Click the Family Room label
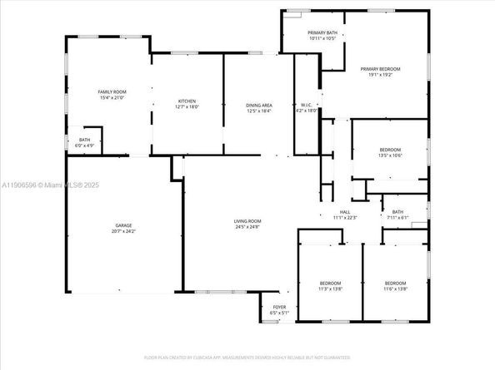111,91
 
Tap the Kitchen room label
187,101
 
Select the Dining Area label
259,106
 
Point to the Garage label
124,225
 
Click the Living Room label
247,220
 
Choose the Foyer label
279,307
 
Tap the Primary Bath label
322,32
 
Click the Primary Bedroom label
380,68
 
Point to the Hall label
344,213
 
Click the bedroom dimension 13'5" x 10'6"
390,155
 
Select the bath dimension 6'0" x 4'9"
85,146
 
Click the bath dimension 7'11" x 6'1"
397,218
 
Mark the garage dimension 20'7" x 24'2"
124,231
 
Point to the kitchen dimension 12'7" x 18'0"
187,106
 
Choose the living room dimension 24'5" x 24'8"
247,226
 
